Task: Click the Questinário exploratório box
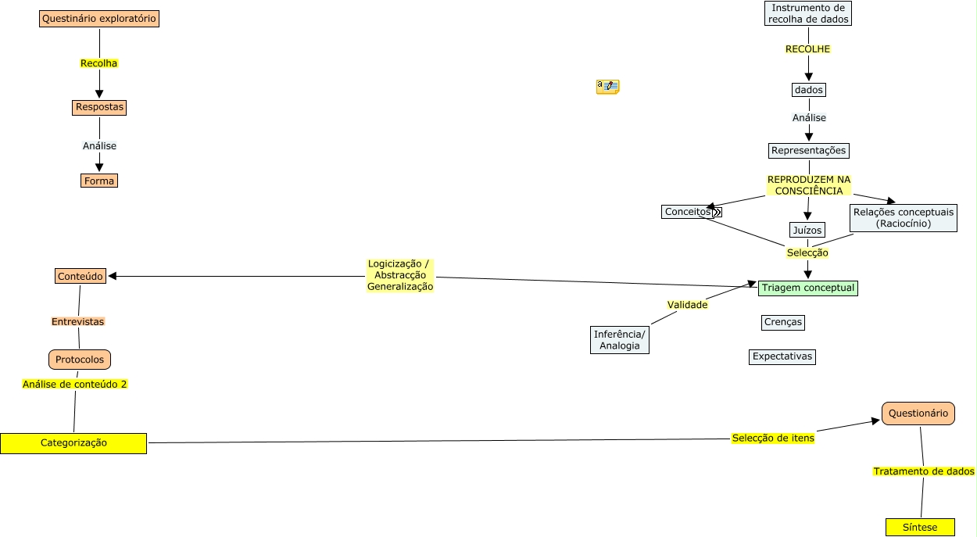click(x=99, y=18)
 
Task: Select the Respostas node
click(x=99, y=107)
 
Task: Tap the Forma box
click(x=99, y=181)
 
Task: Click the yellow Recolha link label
click(x=99, y=63)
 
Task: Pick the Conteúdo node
click(x=81, y=276)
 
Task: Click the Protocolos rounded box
click(x=80, y=360)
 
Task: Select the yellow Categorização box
click(x=73, y=443)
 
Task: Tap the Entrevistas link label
click(x=77, y=321)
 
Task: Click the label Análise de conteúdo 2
click(x=75, y=384)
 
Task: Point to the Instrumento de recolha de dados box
click(x=808, y=13)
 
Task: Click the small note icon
click(x=607, y=86)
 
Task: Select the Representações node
click(x=808, y=150)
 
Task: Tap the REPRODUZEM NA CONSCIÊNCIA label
click(x=809, y=185)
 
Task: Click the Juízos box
click(x=807, y=230)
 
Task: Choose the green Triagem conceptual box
click(x=808, y=288)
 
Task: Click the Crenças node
click(x=782, y=322)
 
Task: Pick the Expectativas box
click(x=782, y=356)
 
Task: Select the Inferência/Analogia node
click(x=620, y=340)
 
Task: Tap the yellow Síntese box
click(x=921, y=527)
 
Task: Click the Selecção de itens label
click(x=773, y=438)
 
